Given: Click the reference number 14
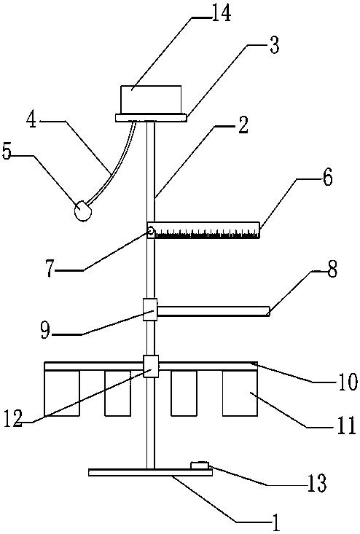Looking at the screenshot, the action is [221, 13].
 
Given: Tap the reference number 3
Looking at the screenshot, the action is [274, 45].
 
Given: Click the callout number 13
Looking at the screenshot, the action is [317, 482].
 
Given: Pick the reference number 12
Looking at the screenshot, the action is [13, 418].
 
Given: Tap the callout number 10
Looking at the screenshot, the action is [348, 382].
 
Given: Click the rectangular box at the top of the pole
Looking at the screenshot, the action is [152, 100].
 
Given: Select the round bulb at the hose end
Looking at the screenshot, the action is [83, 211].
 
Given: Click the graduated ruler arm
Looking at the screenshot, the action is [203, 230].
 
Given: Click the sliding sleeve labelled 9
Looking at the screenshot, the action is [150, 310].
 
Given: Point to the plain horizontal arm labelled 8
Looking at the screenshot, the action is [214, 311].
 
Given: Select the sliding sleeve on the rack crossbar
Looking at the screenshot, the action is [151, 366].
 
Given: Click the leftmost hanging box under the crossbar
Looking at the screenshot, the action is [62, 393].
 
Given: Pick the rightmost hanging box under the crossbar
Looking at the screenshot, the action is [240, 393].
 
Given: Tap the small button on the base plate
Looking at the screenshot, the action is [200, 466].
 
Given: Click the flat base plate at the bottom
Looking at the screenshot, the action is [150, 472].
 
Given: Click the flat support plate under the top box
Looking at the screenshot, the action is [152, 118].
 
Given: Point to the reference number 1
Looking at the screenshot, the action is [275, 523].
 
